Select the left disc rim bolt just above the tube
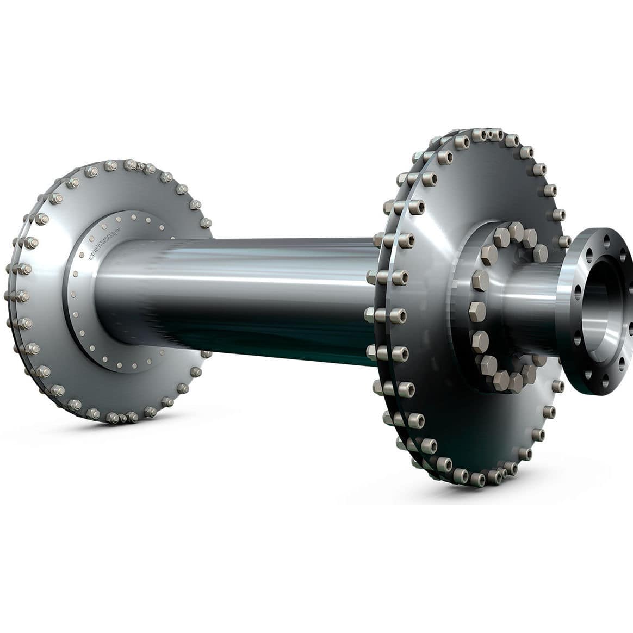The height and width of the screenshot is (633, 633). tap(206, 223)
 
